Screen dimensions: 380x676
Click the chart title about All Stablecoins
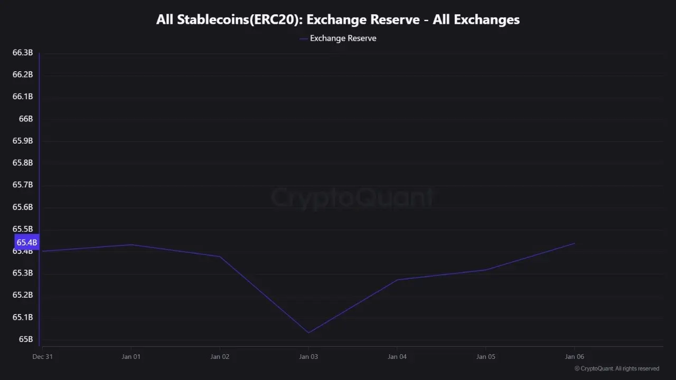pyautogui.click(x=338, y=20)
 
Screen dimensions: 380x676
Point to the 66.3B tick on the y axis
pyautogui.click(x=23, y=53)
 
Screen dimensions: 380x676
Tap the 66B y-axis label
pyautogui.click(x=26, y=119)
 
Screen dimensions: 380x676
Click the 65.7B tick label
pyautogui.click(x=23, y=185)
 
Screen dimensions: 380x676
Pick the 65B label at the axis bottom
pyautogui.click(x=26, y=339)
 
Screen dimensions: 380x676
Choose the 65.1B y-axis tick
pyautogui.click(x=23, y=317)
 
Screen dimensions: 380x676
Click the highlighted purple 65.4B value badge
pyautogui.click(x=26, y=242)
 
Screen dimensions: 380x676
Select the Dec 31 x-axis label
pyautogui.click(x=42, y=357)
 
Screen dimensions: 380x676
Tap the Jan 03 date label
pyautogui.click(x=308, y=357)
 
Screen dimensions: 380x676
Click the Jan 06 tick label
pyautogui.click(x=574, y=357)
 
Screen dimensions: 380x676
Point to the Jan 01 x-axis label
pyautogui.click(x=130, y=357)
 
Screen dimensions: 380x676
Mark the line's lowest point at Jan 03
pyautogui.click(x=308, y=332)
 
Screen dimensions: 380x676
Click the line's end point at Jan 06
pyautogui.click(x=575, y=243)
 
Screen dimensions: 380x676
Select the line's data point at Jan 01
pyautogui.click(x=130, y=244)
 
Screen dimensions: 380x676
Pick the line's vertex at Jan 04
pyautogui.click(x=397, y=280)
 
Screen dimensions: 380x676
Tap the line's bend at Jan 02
pyautogui.click(x=220, y=256)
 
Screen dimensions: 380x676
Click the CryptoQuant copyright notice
pyautogui.click(x=616, y=368)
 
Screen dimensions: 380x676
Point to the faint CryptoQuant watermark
pyautogui.click(x=352, y=198)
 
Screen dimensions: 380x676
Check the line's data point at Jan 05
pyautogui.click(x=485, y=270)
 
